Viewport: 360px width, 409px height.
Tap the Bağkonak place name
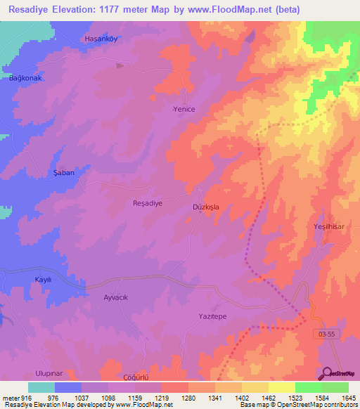point(26,78)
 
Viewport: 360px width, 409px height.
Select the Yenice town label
point(184,110)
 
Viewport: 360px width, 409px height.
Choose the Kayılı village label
point(44,280)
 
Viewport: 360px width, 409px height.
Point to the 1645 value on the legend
point(349,398)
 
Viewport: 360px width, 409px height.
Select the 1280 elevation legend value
point(188,398)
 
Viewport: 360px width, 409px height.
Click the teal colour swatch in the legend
point(41,387)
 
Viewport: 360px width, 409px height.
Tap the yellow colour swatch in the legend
point(281,387)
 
